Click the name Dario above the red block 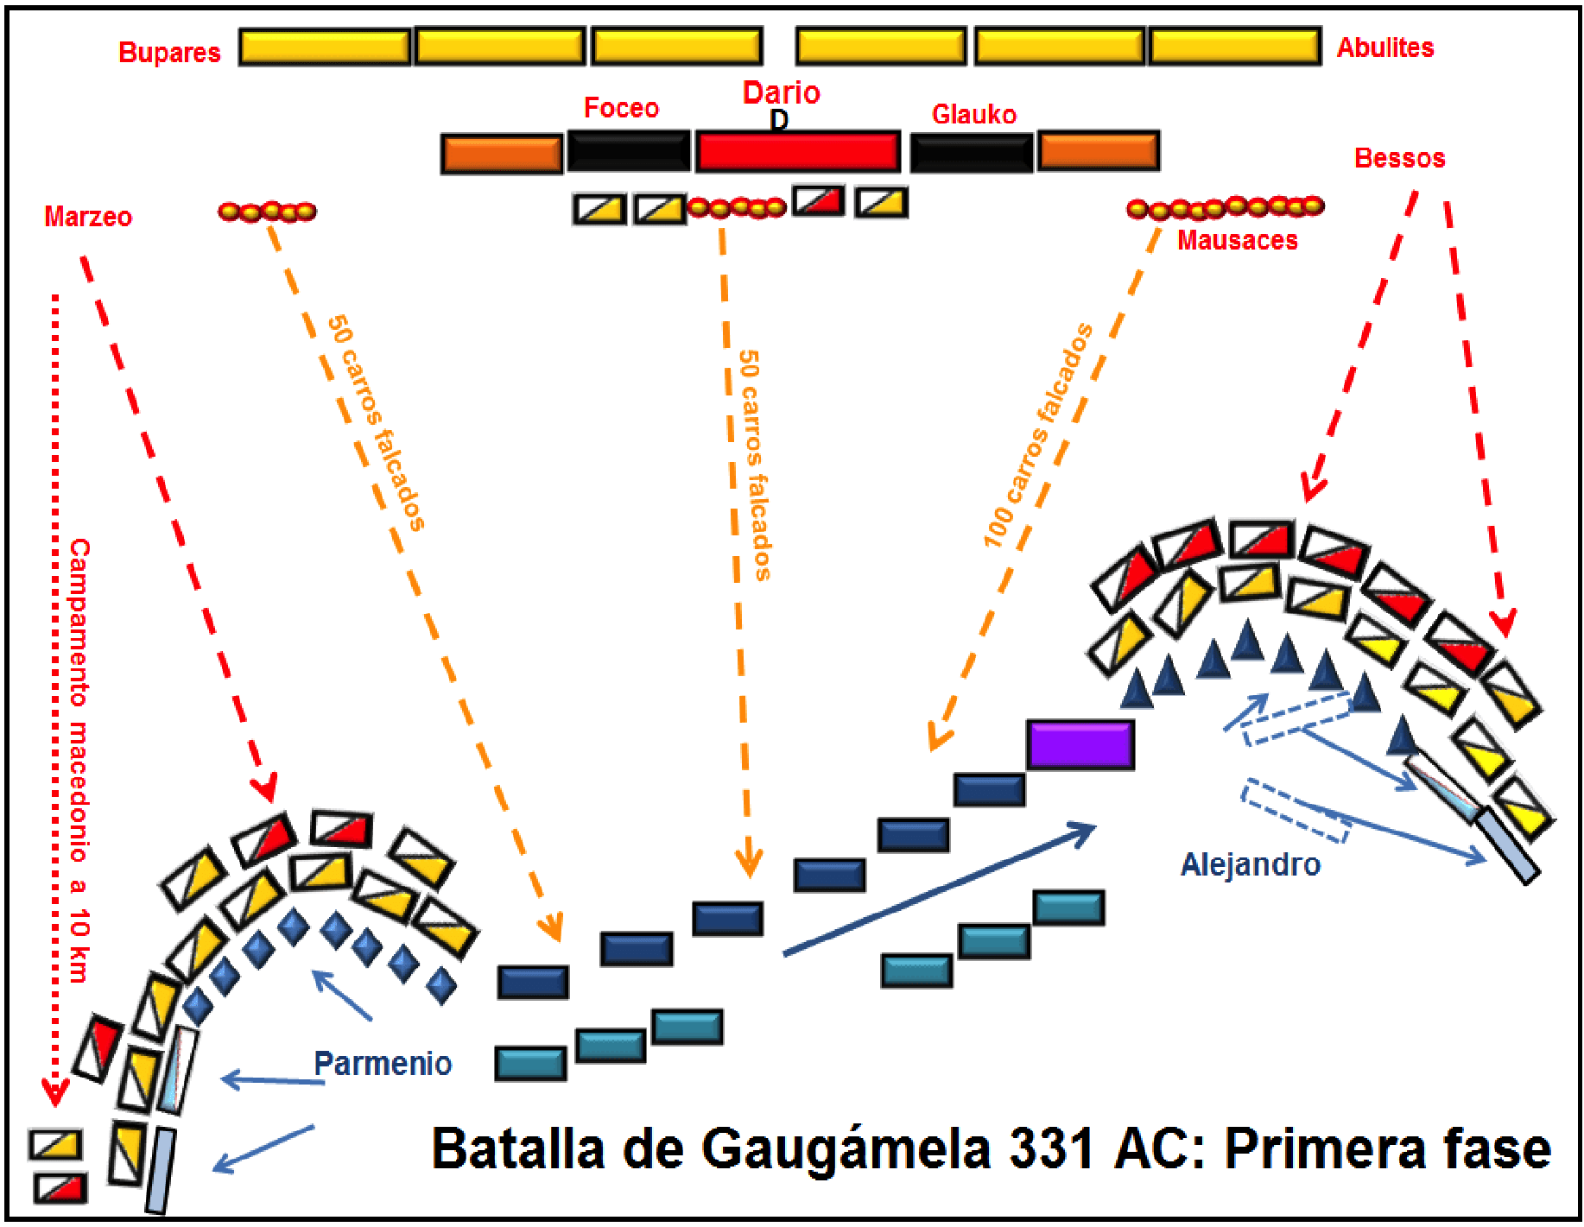pos(781,92)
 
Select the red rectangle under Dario pos(797,152)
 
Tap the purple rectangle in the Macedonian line pos(1080,744)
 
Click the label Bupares pos(169,53)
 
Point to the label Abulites pos(1384,47)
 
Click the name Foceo pos(621,108)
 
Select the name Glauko pos(973,114)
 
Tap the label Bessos pos(1399,158)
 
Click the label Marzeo pos(88,217)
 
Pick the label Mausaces pos(1237,240)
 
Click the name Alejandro pos(1250,864)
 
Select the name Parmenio pos(383,1063)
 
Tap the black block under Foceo pos(628,153)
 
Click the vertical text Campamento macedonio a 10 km pos(79,760)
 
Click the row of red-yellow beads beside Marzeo pos(267,212)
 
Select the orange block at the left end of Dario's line pos(501,154)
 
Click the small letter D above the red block pos(779,120)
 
